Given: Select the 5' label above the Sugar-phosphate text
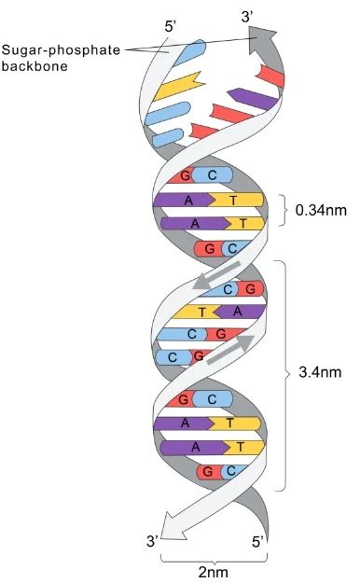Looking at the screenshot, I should click(172, 27).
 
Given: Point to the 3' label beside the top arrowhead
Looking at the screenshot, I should click(248, 16).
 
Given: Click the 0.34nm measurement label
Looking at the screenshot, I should click(320, 210).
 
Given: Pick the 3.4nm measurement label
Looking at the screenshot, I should click(320, 372).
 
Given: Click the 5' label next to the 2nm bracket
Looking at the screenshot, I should click(260, 540).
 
